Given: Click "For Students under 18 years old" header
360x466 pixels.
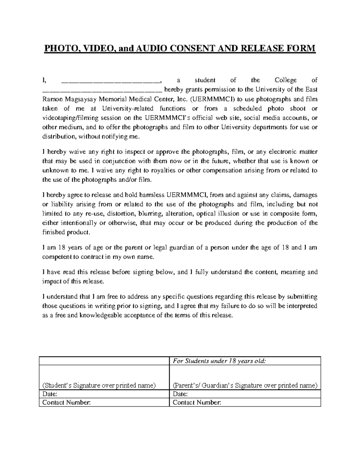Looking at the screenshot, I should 219,361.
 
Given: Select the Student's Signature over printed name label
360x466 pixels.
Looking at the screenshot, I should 99,385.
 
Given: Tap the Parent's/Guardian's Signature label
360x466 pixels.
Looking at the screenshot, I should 245,385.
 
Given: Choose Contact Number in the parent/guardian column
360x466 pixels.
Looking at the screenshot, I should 197,402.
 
